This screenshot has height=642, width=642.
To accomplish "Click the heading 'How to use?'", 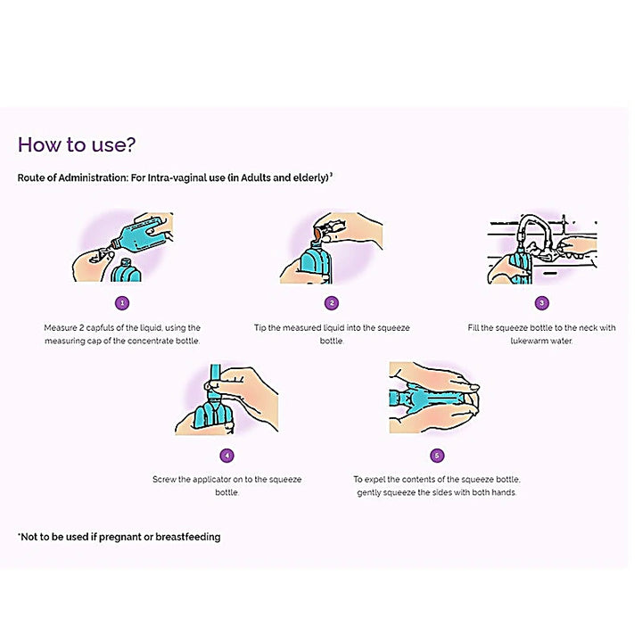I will coord(77,145).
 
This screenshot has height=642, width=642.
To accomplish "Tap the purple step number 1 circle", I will coord(122,303).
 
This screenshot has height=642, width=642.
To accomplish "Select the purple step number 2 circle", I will coord(332,303).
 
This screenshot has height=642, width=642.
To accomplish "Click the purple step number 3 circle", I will coord(541,303).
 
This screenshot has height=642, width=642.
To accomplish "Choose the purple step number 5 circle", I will coord(436,455).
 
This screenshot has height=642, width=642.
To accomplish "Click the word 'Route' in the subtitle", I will coord(32,178).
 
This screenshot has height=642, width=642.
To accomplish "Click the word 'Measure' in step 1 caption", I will coord(61,328).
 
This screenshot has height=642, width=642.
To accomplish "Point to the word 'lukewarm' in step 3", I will coord(529,341).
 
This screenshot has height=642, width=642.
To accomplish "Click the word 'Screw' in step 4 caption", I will coord(164,480).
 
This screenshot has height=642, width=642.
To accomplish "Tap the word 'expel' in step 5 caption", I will coord(378,480).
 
